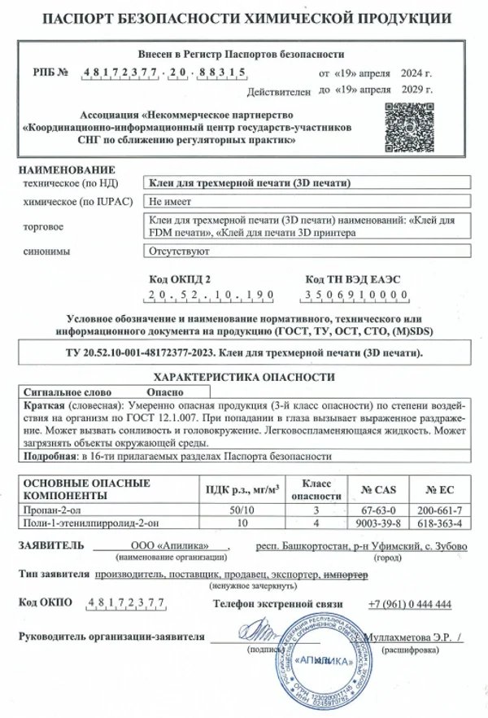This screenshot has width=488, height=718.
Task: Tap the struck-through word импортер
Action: (x=346, y=575)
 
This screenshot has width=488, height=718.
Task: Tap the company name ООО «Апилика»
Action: (x=169, y=545)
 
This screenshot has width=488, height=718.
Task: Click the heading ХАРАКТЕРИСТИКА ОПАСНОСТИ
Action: (x=243, y=377)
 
